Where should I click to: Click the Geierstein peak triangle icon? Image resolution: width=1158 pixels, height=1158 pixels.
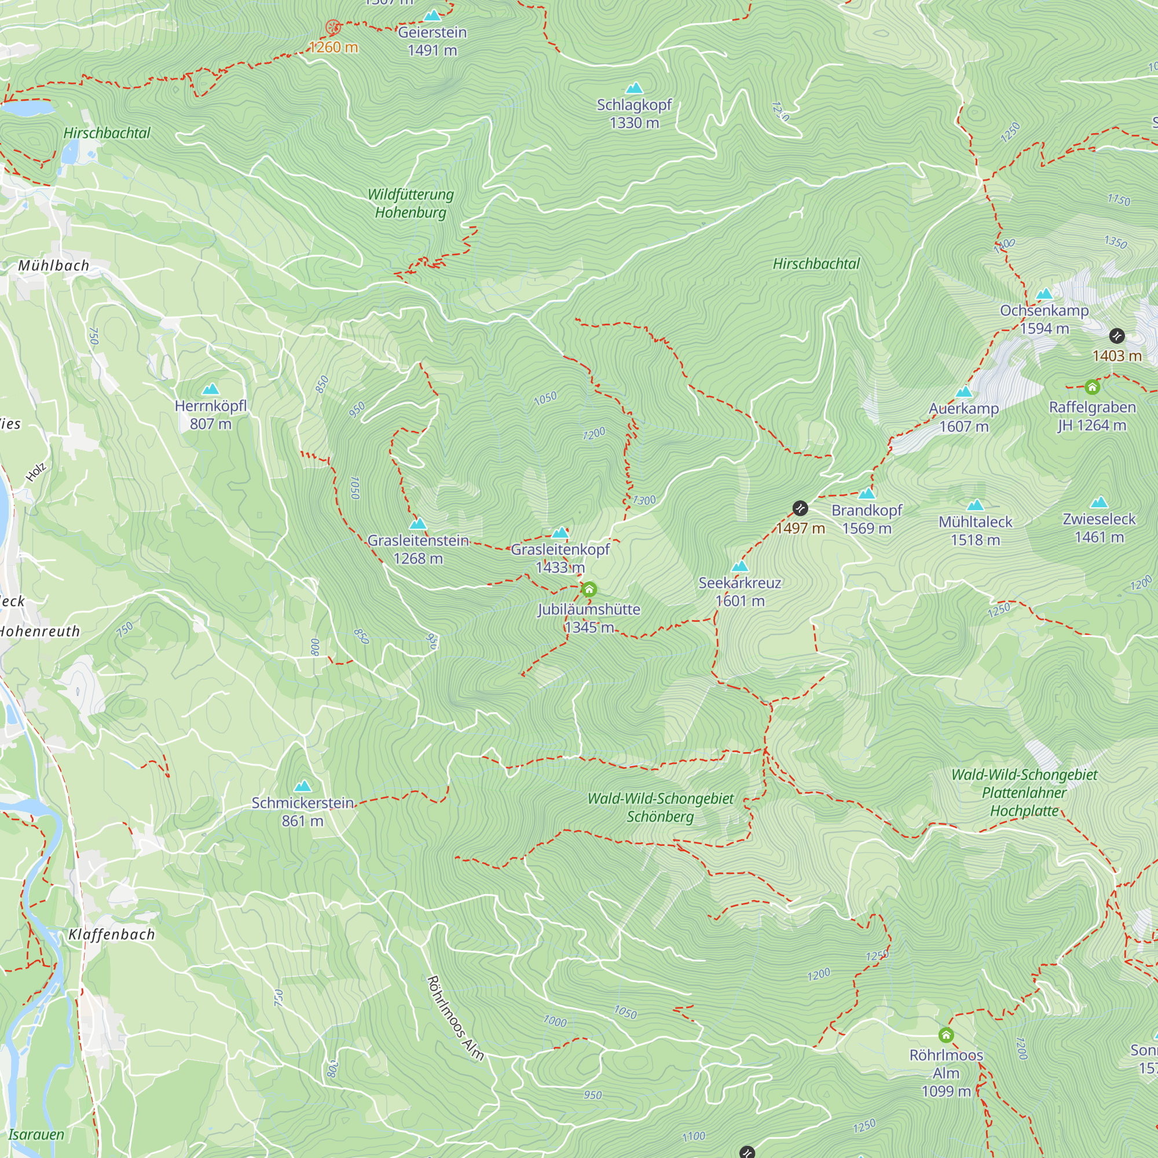(x=432, y=16)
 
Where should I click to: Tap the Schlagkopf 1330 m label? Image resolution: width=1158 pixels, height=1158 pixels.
(x=634, y=113)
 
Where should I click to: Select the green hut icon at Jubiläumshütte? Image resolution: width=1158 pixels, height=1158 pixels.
(x=589, y=590)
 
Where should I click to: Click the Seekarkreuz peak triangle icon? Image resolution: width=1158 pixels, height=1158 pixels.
(x=740, y=566)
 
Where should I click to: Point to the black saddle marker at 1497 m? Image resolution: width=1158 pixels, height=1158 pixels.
(x=800, y=509)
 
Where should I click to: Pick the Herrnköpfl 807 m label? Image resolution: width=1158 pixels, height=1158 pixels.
(x=210, y=414)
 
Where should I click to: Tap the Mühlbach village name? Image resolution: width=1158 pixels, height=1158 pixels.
(x=53, y=266)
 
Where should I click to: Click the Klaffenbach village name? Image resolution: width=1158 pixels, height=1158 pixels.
(x=112, y=935)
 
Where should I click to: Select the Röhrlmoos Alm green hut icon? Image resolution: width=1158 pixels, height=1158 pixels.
(x=946, y=1035)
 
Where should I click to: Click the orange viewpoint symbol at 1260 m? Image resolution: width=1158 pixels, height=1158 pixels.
(x=333, y=27)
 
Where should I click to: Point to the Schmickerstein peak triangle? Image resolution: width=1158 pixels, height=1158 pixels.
(x=303, y=786)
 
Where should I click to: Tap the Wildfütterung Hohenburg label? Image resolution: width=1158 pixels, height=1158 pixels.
(x=411, y=203)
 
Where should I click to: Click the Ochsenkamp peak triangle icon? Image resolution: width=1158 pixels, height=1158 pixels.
(x=1044, y=294)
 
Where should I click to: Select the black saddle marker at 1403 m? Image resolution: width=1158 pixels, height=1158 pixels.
(x=1117, y=336)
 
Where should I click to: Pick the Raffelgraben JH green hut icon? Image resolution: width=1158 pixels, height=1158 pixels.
(x=1092, y=388)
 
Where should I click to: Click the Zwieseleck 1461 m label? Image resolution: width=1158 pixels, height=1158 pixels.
(x=1100, y=527)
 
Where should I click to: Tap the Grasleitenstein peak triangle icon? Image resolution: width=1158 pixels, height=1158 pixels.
(x=418, y=524)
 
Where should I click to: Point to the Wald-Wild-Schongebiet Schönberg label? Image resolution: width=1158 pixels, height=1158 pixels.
(x=660, y=807)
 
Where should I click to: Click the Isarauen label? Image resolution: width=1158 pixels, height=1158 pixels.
(x=36, y=1134)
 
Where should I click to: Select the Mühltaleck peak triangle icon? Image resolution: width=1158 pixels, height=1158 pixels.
(x=975, y=505)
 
